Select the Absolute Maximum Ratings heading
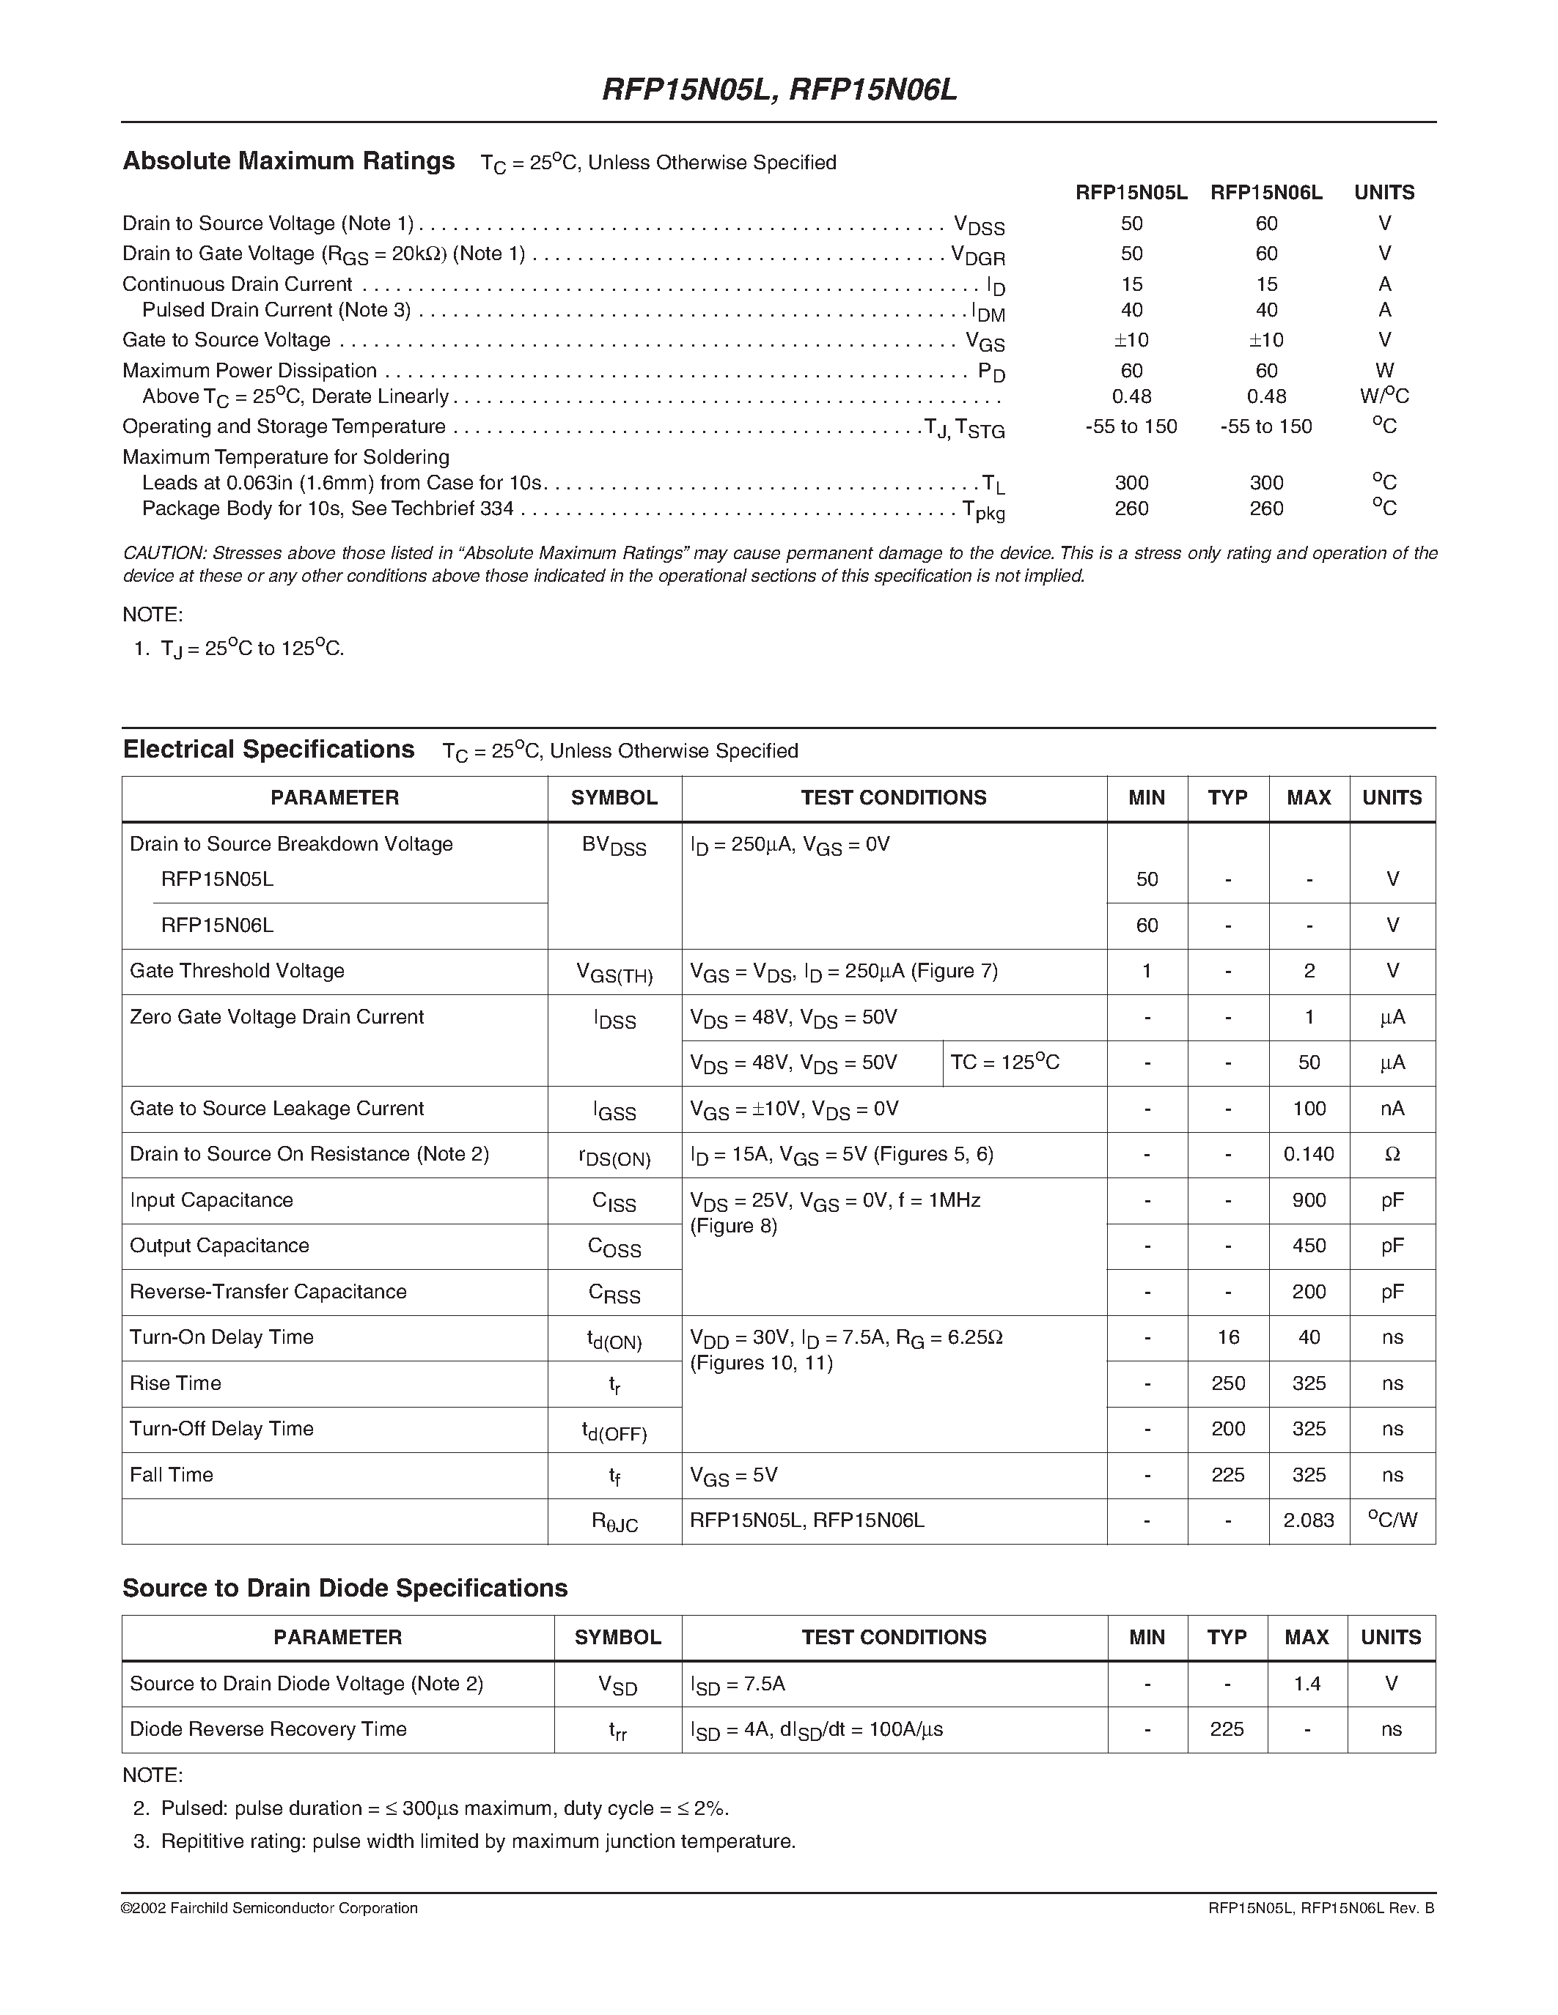coord(289,161)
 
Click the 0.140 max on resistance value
coord(1308,1154)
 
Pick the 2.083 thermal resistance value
coord(1308,1520)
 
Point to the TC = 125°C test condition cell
coord(1004,1063)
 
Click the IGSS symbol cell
coord(614,1111)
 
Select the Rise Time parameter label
coord(175,1383)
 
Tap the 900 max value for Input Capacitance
coord(1309,1200)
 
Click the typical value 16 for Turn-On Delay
coord(1227,1337)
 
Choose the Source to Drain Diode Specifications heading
coord(345,1588)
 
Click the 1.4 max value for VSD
coord(1307,1684)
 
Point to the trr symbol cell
coord(617,1731)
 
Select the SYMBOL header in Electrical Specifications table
coord(614,798)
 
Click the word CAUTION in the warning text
coord(163,553)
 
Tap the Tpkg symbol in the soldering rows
coord(983,510)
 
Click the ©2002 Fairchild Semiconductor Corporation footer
coord(270,1908)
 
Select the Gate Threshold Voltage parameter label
coord(238,971)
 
